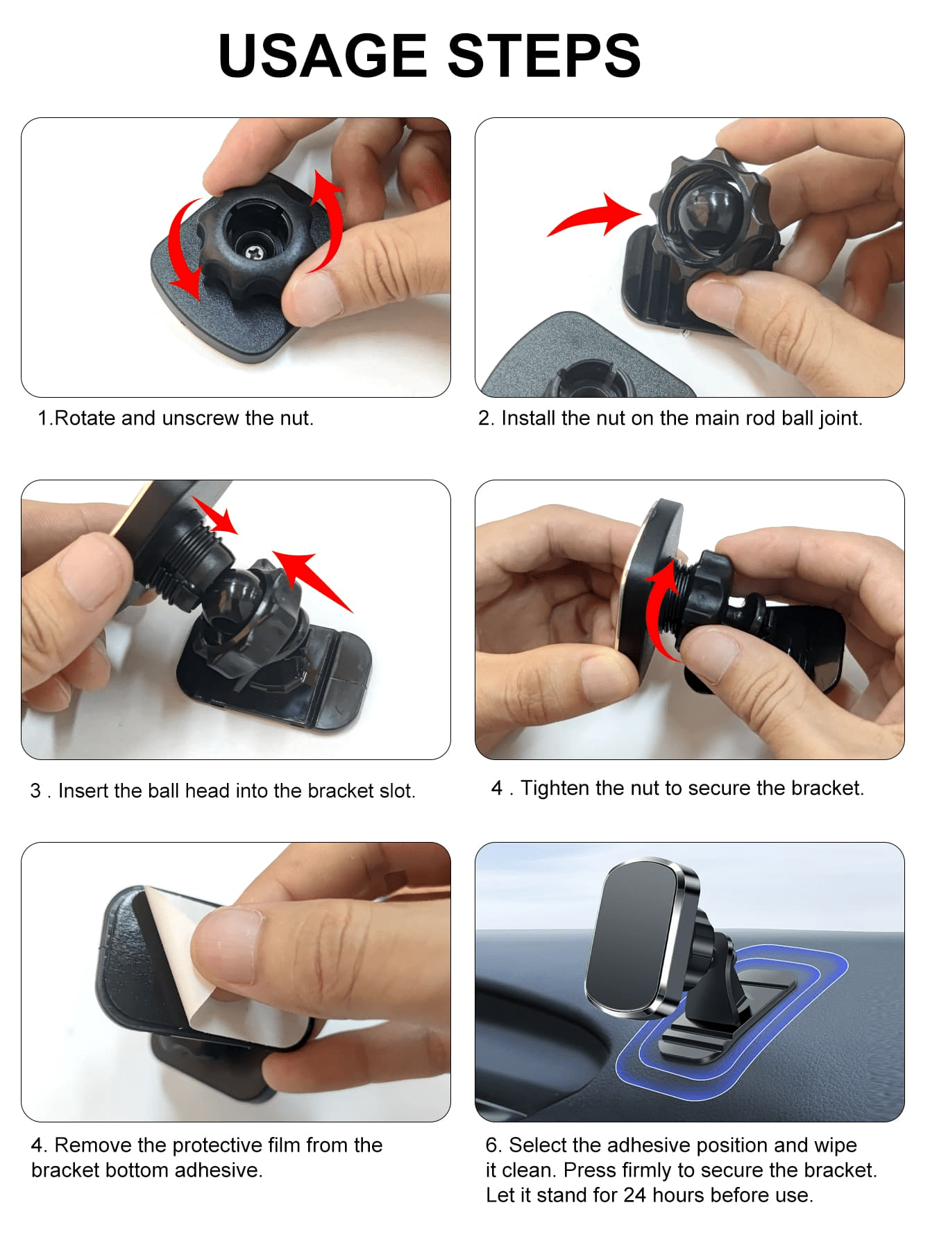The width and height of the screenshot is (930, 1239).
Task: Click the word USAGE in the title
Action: (x=322, y=56)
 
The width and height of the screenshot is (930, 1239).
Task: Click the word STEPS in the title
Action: (x=544, y=56)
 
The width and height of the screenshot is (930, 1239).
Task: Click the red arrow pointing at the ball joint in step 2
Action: (x=595, y=215)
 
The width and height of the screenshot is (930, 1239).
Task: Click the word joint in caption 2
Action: (x=840, y=419)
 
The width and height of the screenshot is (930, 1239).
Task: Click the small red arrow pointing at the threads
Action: (x=215, y=515)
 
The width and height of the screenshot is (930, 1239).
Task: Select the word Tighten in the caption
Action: (x=555, y=789)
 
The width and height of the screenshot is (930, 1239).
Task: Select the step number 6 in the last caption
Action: (x=492, y=1145)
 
